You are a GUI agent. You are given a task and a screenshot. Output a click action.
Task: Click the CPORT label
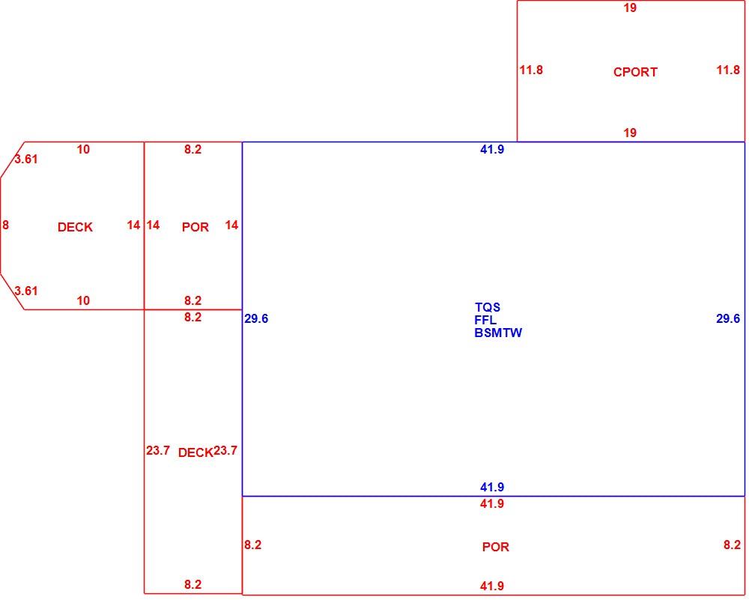[x=635, y=72]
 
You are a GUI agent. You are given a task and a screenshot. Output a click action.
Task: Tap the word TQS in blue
[x=488, y=307]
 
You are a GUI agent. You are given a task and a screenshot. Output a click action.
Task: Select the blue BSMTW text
[x=498, y=333]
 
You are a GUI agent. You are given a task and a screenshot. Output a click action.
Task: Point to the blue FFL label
[x=485, y=320]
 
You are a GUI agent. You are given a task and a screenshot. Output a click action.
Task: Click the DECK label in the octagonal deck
[x=75, y=227]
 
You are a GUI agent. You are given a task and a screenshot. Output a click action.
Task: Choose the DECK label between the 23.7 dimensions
[x=195, y=452]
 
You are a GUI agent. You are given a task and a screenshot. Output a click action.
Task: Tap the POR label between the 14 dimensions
[x=195, y=227]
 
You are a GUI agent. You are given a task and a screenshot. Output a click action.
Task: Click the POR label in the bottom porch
[x=495, y=547]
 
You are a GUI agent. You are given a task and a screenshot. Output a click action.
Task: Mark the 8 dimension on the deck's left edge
[x=5, y=225]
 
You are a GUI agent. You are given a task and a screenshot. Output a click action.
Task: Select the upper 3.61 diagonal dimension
[x=25, y=159]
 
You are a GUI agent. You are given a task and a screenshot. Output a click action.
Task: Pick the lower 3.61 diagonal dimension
[x=25, y=291]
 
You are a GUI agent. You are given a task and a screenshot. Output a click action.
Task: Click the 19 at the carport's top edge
[x=630, y=7]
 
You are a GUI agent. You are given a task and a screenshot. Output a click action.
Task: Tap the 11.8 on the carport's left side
[x=531, y=70]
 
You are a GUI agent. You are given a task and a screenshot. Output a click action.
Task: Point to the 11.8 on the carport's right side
[x=728, y=70]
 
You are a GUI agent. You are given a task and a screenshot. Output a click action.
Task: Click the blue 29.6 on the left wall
[x=256, y=318]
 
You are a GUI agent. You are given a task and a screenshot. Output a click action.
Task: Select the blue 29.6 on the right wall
[x=728, y=318]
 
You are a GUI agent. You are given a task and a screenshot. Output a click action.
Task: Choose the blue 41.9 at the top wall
[x=492, y=150]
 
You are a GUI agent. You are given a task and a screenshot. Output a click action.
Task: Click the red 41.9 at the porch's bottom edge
[x=492, y=586]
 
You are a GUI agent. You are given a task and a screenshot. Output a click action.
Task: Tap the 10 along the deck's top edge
[x=83, y=150]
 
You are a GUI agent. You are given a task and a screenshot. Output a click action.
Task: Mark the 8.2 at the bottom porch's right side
[x=732, y=545]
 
